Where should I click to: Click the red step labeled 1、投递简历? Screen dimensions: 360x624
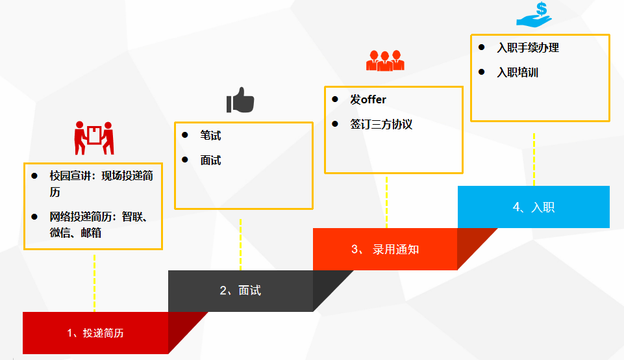point(95,333)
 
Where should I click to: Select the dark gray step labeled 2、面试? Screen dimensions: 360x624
point(240,290)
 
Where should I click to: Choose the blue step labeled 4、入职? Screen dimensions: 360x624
point(533,207)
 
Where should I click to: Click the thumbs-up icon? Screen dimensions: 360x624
point(240,101)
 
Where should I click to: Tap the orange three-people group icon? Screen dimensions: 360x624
point(385,60)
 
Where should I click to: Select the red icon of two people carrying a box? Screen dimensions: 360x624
point(94,137)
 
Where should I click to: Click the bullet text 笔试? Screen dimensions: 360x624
point(210,135)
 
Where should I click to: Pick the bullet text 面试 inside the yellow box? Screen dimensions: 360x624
point(210,160)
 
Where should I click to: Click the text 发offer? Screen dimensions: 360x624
point(368,99)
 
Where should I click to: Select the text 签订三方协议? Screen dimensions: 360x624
point(381,124)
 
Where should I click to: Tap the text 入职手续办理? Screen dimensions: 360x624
point(527,47)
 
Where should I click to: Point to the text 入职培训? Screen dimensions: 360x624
point(518,72)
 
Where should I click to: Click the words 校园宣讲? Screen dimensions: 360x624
point(69,176)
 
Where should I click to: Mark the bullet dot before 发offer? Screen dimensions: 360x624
point(335,99)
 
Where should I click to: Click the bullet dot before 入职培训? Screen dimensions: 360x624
point(481,71)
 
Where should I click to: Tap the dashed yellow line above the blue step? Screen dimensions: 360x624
point(534,159)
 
